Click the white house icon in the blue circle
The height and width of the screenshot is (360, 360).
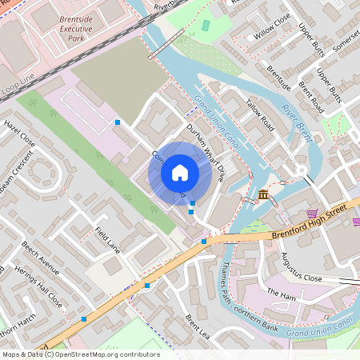[x=180, y=173]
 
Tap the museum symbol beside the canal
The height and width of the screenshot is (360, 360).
[x=264, y=194]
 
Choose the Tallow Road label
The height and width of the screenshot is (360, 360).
[x=260, y=117]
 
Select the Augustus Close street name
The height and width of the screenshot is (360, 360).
[x=301, y=267]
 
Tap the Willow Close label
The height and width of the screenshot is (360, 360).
[x=272, y=38]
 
